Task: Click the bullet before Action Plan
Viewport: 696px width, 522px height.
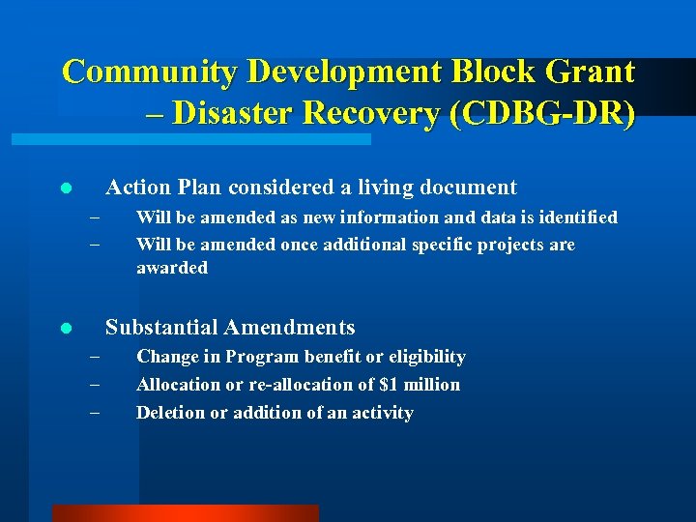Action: pos(64,188)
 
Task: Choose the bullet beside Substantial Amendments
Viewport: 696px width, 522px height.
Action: pos(64,329)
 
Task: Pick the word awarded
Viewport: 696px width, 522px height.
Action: pos(171,268)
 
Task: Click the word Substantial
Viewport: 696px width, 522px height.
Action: pos(157,328)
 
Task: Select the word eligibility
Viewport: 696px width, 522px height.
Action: pos(421,357)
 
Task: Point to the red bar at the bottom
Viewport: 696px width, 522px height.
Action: pos(185,513)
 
